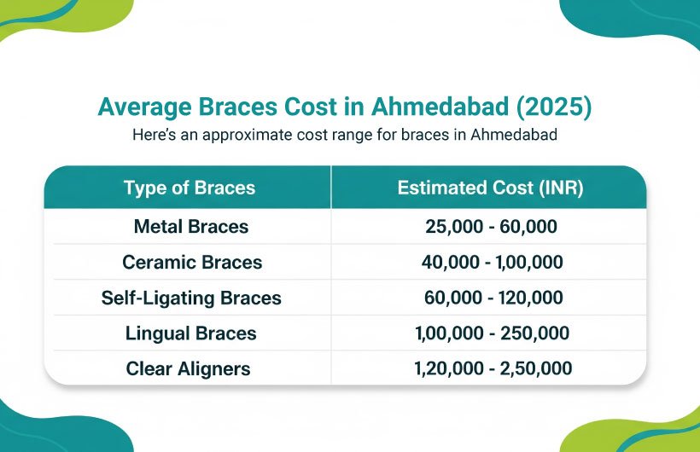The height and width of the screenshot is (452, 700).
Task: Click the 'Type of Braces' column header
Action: point(190,188)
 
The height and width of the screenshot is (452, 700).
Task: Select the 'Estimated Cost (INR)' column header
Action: point(490,188)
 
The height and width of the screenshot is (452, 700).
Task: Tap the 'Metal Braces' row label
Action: point(191,226)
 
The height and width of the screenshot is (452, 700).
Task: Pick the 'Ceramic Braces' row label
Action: point(192,262)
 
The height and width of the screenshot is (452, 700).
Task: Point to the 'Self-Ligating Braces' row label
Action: point(191,298)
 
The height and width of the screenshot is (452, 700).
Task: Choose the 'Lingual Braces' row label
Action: point(190,333)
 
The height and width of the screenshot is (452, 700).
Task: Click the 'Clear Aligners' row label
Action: point(188,368)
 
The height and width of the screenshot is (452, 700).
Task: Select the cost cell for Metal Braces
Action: point(491,227)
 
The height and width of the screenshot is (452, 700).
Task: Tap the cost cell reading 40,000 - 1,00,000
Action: point(492,262)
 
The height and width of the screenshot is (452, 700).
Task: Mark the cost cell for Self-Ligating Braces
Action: point(493,298)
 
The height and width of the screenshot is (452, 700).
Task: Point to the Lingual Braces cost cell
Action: point(492,333)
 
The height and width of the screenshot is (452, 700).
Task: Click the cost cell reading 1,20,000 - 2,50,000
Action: point(493,368)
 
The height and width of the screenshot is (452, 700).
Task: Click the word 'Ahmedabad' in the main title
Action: point(440,107)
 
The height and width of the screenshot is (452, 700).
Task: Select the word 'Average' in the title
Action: point(144,107)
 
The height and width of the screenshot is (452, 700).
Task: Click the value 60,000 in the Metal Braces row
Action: point(528,227)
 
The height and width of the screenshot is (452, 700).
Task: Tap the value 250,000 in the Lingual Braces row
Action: point(535,333)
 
